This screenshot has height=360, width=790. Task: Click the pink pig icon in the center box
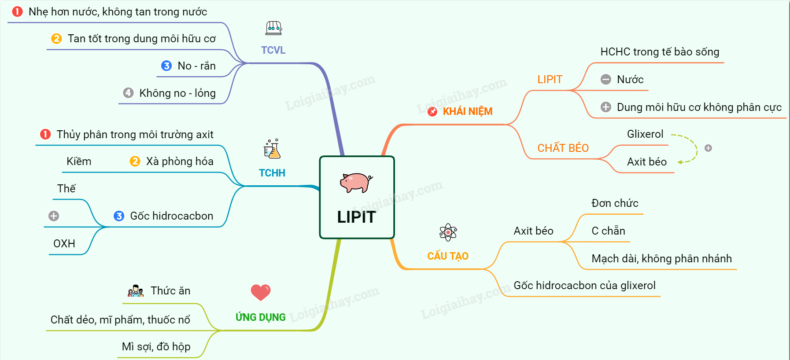point(356,182)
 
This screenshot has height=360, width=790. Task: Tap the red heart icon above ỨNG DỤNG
point(261,292)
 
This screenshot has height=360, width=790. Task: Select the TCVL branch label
point(273,50)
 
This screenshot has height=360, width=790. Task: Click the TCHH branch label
point(272,173)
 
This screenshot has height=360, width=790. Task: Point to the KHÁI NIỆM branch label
point(467,111)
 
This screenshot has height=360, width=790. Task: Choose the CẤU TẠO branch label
point(448,256)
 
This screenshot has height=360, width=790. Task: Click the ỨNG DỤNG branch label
point(261,317)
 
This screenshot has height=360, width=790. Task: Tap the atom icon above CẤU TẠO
point(448,232)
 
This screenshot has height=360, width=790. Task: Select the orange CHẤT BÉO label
point(563,148)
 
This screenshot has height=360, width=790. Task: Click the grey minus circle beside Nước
point(606,80)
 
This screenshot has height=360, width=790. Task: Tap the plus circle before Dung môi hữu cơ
point(606,107)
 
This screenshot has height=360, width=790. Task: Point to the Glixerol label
point(645,134)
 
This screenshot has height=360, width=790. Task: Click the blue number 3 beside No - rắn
point(166,66)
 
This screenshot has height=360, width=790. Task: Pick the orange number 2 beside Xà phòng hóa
point(135,162)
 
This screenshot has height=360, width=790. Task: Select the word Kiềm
point(79,162)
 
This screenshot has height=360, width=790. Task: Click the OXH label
point(64,243)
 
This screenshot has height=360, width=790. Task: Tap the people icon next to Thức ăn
point(136,291)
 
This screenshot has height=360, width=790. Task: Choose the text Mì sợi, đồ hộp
point(156,347)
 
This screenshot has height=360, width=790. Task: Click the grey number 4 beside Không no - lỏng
point(128,93)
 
